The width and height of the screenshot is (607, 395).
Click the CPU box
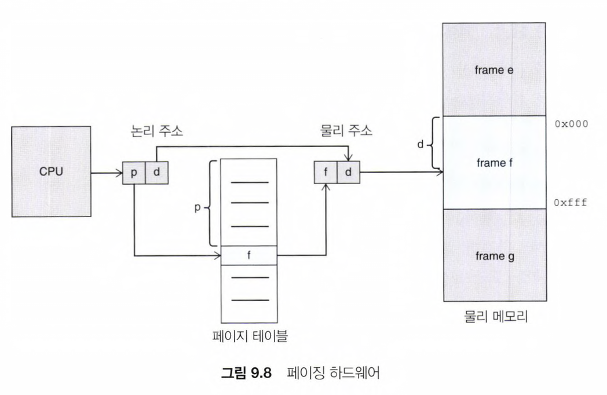coord(51,172)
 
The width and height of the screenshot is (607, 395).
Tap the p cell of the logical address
coord(133,173)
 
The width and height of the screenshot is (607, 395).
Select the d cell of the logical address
coord(156,173)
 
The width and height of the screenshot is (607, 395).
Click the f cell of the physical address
coord(324,173)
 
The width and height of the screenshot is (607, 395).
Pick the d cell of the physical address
coord(348,173)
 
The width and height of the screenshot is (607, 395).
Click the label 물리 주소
coord(346,131)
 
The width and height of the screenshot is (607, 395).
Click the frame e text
coord(495,70)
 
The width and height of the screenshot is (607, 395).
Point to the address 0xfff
coord(571,203)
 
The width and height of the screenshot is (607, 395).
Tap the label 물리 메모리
coord(495,318)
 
